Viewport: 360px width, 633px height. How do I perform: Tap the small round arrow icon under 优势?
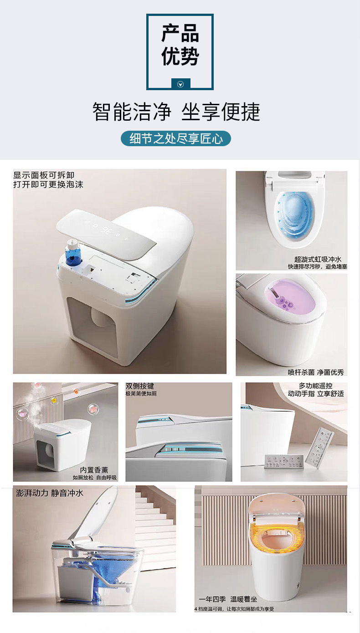point(180,84)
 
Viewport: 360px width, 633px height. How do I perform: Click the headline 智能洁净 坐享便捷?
point(176,112)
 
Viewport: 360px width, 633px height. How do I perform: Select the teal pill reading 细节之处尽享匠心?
point(176,138)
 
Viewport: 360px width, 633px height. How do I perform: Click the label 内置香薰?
point(94,470)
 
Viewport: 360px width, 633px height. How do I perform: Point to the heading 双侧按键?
point(140,386)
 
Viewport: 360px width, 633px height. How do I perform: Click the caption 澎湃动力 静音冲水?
point(50,493)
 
